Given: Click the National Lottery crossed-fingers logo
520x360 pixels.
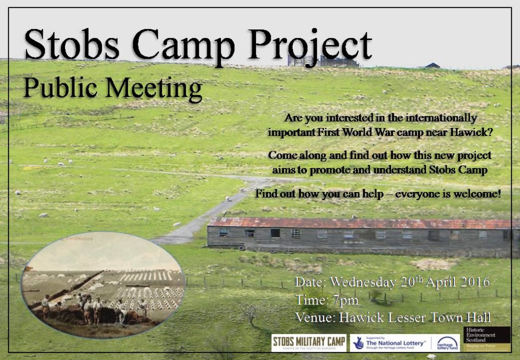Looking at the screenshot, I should click(359, 343).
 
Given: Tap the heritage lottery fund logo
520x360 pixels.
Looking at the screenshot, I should click(447, 343).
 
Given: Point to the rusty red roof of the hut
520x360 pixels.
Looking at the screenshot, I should click(355, 223).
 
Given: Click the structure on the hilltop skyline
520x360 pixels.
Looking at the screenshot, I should click(323, 61).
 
